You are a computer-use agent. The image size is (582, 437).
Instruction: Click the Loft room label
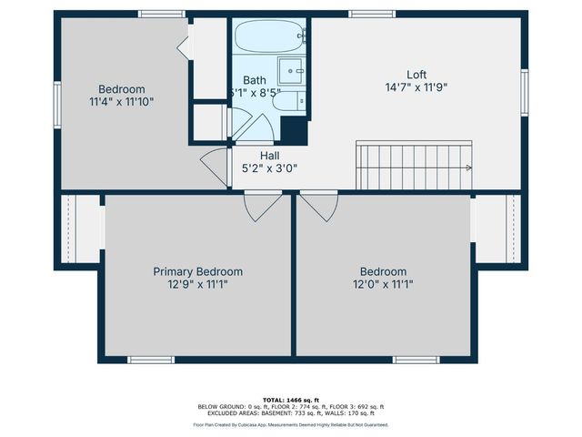click(416, 75)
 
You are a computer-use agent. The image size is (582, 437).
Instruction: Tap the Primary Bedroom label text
click(197, 271)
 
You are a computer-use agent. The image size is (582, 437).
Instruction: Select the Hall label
click(269, 156)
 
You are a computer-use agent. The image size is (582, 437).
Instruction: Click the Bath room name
click(255, 80)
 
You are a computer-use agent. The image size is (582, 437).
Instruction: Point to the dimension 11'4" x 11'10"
click(122, 102)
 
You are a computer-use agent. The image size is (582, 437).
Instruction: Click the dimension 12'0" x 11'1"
click(383, 284)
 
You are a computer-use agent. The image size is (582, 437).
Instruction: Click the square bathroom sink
click(292, 70)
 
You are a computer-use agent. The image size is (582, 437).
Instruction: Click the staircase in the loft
click(414, 166)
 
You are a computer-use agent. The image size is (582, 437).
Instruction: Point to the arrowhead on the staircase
click(468, 168)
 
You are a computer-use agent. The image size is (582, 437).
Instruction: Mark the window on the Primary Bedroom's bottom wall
click(151, 360)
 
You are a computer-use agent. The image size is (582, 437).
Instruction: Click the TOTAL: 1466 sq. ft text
click(290, 400)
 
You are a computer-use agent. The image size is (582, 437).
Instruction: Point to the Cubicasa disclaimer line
click(290, 424)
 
